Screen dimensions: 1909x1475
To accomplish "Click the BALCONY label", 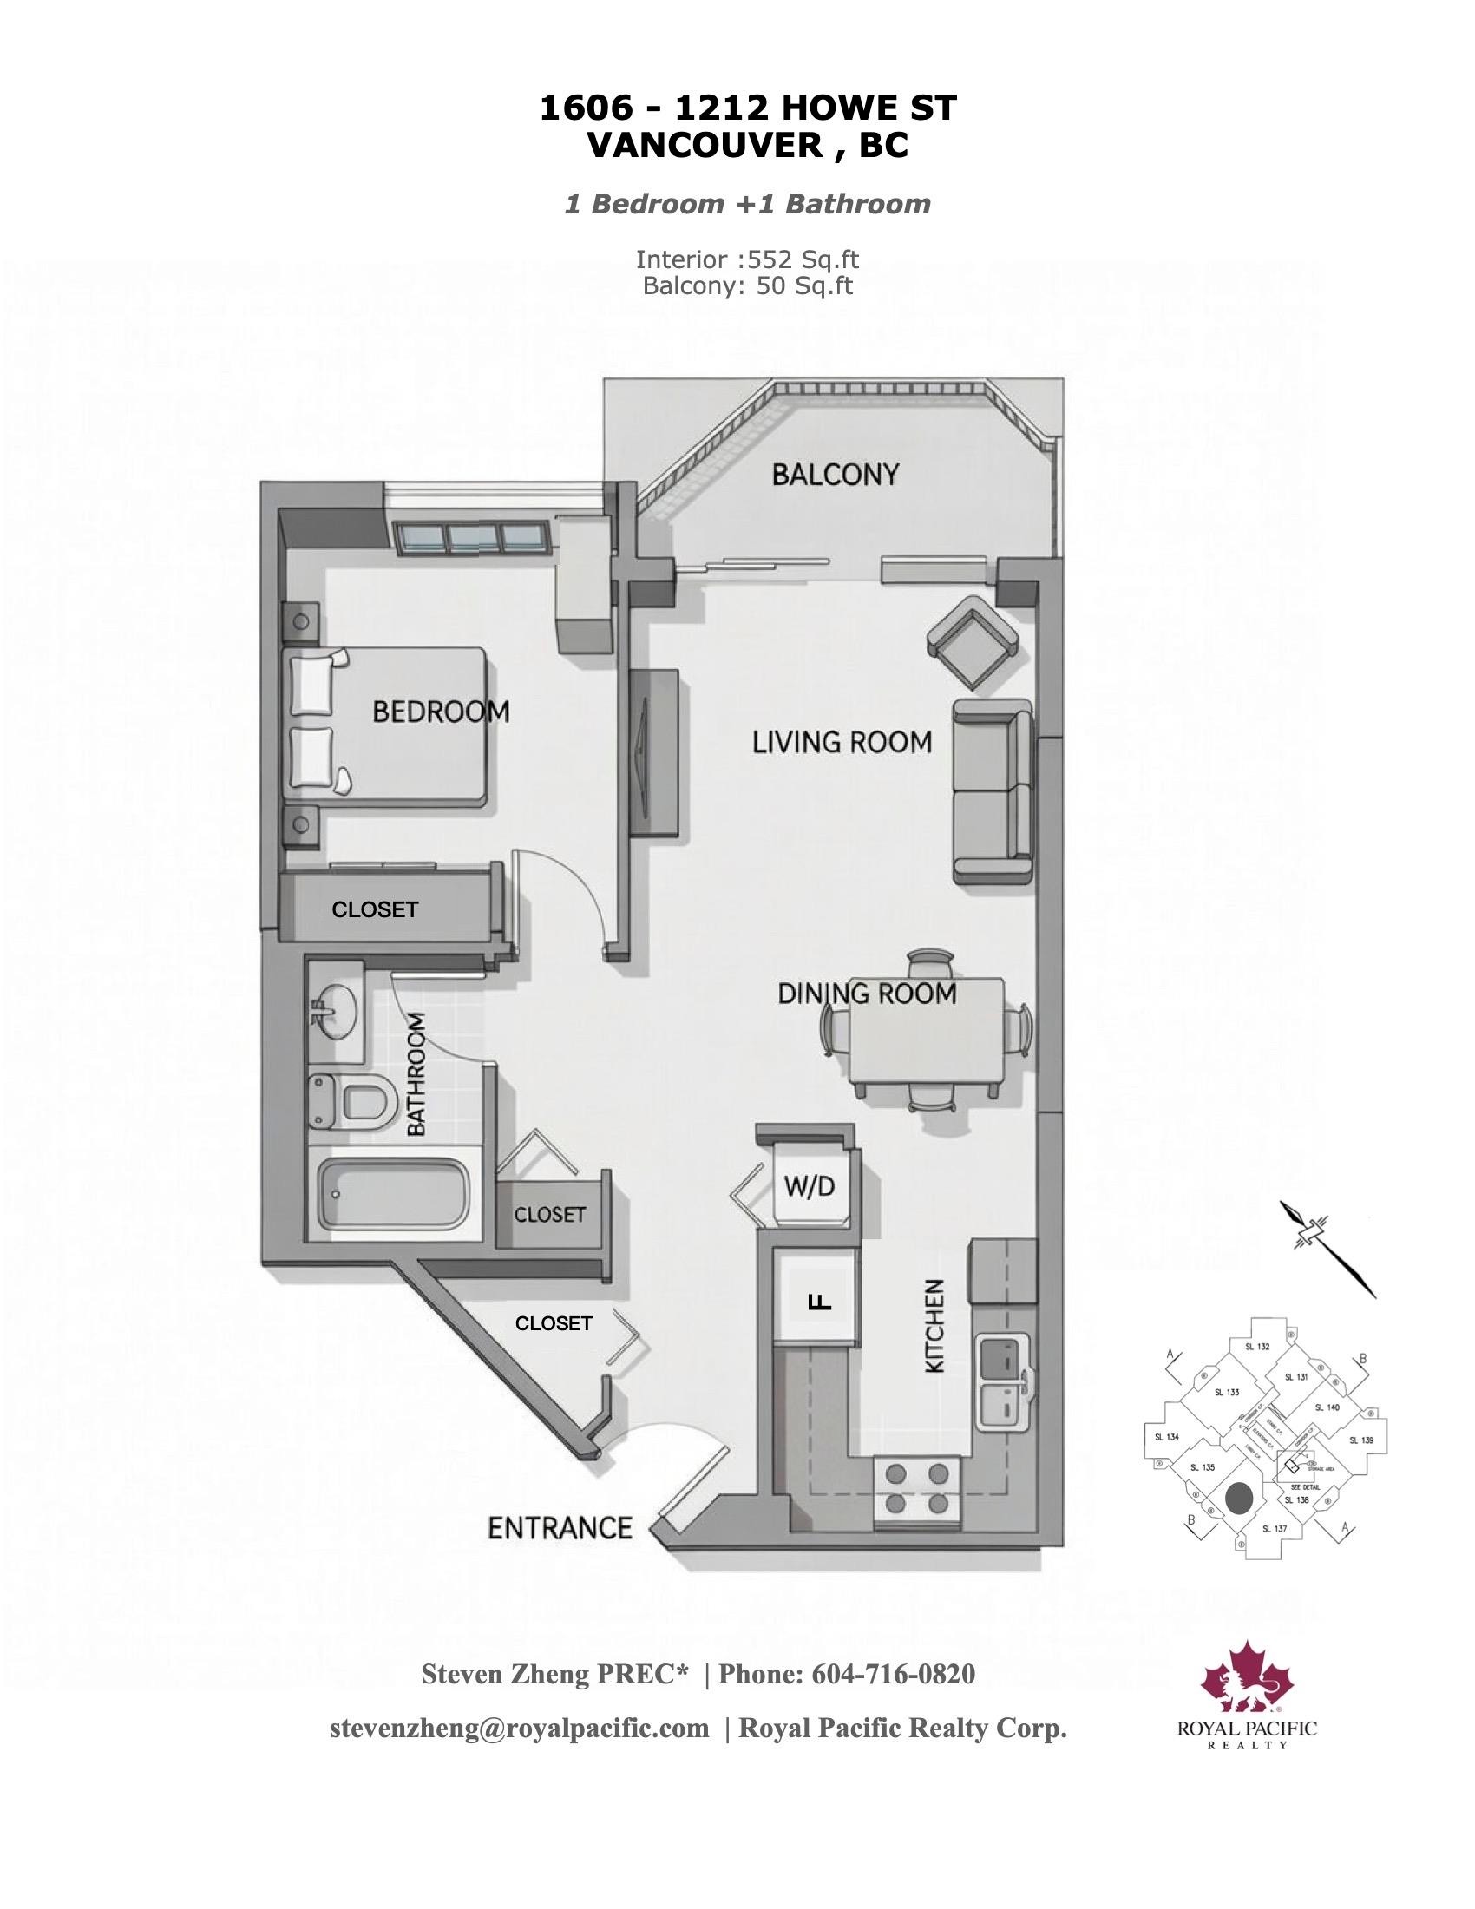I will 835,475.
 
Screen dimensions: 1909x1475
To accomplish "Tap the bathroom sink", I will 335,1012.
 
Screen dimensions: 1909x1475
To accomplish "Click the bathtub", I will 391,1193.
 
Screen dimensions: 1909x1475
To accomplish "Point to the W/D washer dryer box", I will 810,1187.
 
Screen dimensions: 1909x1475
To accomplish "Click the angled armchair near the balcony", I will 972,642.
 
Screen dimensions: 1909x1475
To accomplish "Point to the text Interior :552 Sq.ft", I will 747,259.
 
